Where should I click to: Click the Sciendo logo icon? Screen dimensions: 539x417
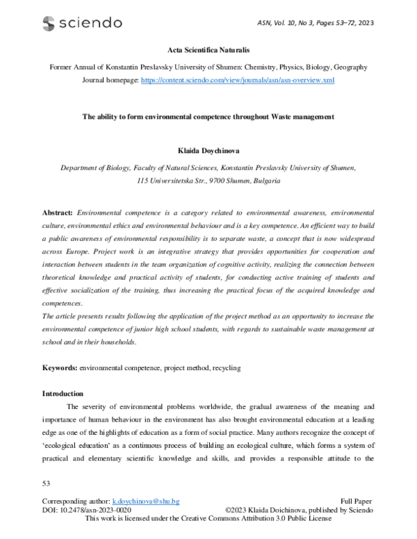48,24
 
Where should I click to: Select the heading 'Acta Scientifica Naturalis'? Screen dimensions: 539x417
208,51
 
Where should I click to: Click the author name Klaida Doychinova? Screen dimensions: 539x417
208,150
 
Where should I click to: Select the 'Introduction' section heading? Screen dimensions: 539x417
63,393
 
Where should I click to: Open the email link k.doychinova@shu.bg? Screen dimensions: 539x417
161,501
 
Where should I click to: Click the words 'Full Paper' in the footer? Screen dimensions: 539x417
357,501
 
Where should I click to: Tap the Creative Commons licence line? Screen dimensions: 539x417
208,519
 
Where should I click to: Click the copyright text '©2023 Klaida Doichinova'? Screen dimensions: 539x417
270,510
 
